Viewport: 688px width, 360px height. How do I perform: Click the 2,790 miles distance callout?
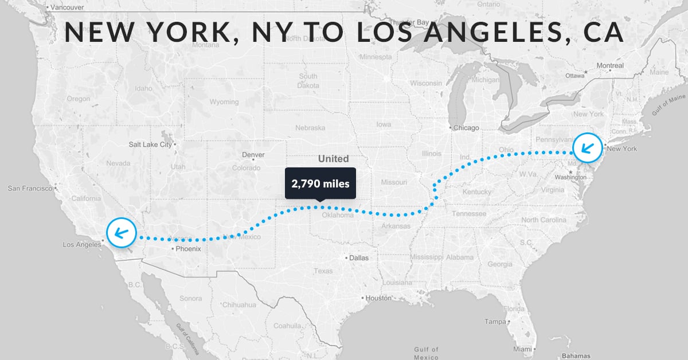pos(320,183)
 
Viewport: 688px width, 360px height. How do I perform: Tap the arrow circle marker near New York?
pos(588,146)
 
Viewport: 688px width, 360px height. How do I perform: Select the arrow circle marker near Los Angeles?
pos(122,233)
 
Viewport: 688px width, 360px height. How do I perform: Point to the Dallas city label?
pos(358,258)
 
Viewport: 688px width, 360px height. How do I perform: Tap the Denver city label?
pos(253,155)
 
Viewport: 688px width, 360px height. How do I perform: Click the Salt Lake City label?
pos(150,144)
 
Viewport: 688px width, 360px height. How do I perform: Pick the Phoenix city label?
pos(188,249)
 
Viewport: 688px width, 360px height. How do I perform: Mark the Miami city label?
pos(522,349)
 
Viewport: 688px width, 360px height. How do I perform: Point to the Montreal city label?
pos(610,65)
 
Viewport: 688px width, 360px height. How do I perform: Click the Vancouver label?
pos(68,7)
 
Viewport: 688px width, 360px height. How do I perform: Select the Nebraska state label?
pos(310,127)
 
